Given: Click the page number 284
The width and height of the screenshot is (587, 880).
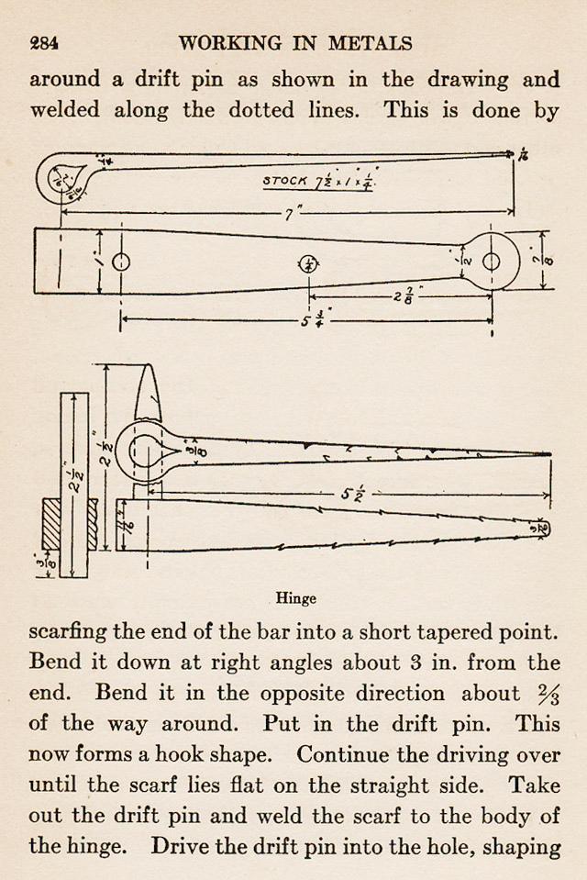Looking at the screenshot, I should [44, 43].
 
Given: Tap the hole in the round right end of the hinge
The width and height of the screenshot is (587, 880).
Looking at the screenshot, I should [492, 262].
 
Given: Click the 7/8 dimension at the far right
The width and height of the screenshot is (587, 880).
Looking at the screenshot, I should [547, 261].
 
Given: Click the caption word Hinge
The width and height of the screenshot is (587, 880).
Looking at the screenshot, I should [295, 598].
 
